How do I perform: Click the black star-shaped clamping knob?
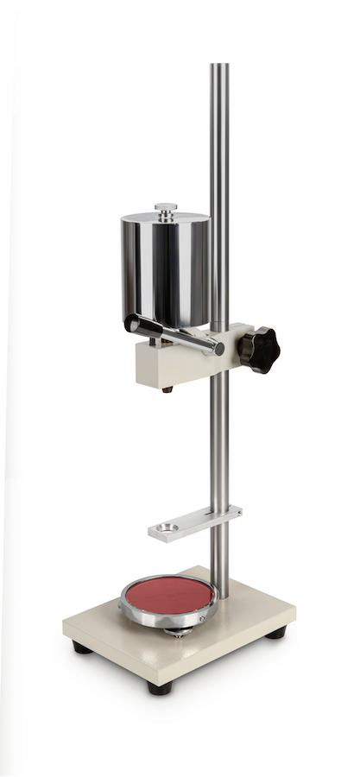258,348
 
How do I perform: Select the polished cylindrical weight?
165,268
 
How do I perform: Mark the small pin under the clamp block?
167,389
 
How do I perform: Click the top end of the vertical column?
220,67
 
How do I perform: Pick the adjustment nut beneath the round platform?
178,633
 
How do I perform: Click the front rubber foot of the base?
160,688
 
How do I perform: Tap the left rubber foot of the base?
82,647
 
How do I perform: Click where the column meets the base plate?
221,596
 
